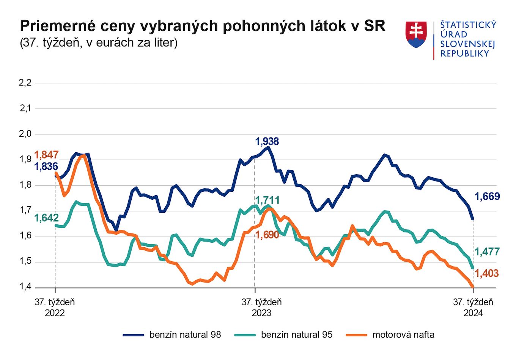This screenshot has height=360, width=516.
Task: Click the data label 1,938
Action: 267,142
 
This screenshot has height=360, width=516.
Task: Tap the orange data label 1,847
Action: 46,155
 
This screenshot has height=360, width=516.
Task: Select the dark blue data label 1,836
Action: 46,166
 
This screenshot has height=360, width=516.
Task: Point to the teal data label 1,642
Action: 46,218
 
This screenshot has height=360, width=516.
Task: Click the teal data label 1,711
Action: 267,200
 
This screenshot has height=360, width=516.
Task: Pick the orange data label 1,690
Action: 267,235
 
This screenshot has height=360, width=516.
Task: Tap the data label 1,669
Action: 487,197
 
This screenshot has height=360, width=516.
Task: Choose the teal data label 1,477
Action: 487,252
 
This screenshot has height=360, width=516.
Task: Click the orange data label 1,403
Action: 487,273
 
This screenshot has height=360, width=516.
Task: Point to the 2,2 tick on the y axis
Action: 25,83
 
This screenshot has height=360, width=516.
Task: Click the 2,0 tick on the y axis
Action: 25,134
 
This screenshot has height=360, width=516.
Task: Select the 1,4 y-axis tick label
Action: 25,287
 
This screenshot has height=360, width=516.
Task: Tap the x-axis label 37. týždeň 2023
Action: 262,308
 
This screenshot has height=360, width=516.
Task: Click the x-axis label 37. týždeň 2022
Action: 55,308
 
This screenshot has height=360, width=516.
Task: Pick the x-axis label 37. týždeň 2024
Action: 473,308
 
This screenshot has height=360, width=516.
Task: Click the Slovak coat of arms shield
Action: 416,35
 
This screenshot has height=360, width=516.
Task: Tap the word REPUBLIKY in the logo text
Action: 465,54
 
